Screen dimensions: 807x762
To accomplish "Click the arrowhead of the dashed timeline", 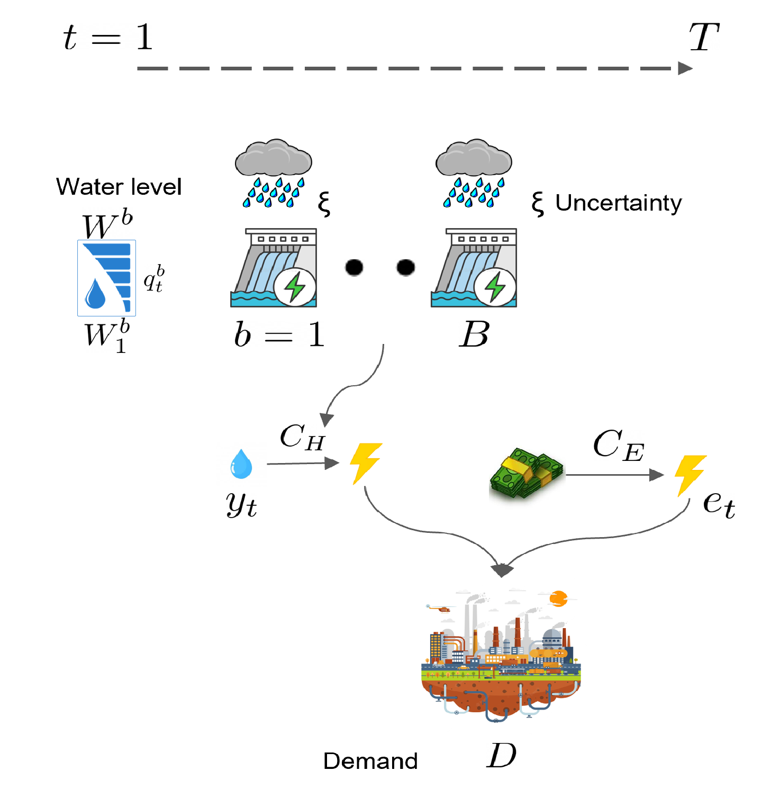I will click(x=685, y=68).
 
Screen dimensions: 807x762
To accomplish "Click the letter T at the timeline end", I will click(x=704, y=38).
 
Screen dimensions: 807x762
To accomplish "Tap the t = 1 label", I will click(x=108, y=38).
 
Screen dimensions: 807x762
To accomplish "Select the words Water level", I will click(x=119, y=187).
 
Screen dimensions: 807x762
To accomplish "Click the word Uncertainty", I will click(x=619, y=203).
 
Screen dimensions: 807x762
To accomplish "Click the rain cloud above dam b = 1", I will click(x=273, y=158).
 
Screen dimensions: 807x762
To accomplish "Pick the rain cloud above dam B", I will click(x=474, y=158).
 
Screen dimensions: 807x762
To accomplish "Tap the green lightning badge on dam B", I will click(x=495, y=287).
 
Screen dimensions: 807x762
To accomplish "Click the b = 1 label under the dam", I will click(x=279, y=334).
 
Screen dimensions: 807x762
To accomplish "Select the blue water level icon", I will click(x=107, y=278).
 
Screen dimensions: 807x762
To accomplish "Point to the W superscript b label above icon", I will click(x=107, y=224).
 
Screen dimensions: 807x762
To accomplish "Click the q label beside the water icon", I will click(x=154, y=278).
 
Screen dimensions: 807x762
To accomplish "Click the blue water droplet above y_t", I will click(x=241, y=464).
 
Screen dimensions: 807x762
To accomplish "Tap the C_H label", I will click(x=302, y=437).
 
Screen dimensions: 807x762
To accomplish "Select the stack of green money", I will click(x=526, y=473).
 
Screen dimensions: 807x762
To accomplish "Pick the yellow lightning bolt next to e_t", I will click(x=690, y=475).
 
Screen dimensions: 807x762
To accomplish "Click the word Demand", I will click(x=370, y=761).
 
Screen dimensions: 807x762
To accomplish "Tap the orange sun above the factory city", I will click(x=558, y=599).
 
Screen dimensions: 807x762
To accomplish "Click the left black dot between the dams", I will click(x=354, y=267).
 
